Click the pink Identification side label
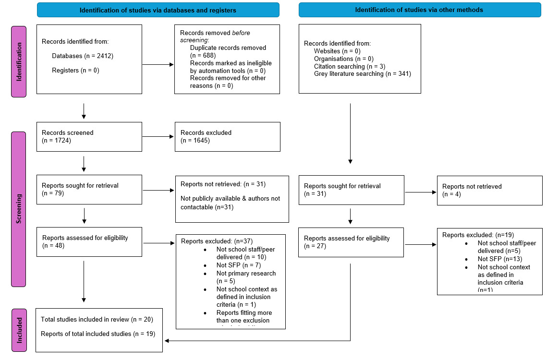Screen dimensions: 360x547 click(19, 61)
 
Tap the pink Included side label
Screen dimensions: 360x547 click(19, 330)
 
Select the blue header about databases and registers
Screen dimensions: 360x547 click(158, 10)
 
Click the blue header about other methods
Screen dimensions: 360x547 click(419, 10)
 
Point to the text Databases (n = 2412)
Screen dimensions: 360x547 click(82, 56)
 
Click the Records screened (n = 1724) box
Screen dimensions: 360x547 click(89, 136)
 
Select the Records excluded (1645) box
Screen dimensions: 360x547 click(227, 136)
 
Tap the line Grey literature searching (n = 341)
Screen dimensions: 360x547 click(362, 74)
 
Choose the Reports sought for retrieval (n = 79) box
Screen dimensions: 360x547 click(89, 190)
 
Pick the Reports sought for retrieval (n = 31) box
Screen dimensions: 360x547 click(351, 190)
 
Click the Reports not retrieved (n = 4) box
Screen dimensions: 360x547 click(489, 190)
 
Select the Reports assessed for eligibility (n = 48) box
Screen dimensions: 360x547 click(89, 242)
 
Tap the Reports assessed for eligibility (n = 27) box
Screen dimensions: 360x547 click(351, 242)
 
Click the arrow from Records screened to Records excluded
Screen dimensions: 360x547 click(158, 137)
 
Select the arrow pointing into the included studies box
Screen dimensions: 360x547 click(168, 341)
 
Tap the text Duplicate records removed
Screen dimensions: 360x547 click(228, 48)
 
